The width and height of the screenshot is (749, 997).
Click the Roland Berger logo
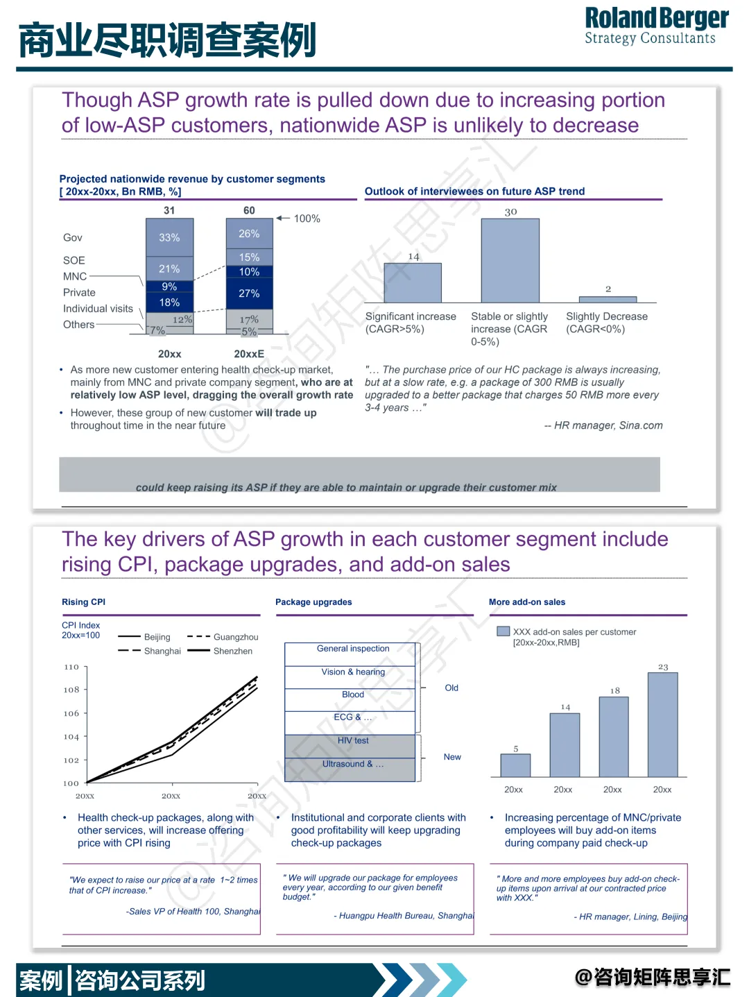click(x=656, y=26)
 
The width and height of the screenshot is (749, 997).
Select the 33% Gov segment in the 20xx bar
click(x=169, y=237)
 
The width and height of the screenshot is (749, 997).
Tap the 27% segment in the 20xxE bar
click(x=249, y=293)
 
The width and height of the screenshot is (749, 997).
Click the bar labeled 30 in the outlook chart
click(x=510, y=260)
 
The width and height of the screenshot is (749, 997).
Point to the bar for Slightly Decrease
click(x=608, y=299)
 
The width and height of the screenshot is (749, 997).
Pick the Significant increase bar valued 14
click(x=413, y=282)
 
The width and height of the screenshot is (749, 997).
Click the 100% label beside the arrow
click(x=307, y=219)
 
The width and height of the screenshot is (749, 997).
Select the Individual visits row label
click(x=98, y=309)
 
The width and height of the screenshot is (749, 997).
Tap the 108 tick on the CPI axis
click(x=71, y=690)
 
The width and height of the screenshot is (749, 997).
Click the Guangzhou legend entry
click(x=236, y=637)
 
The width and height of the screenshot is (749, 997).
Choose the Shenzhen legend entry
click(x=233, y=651)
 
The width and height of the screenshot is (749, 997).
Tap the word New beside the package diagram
click(x=452, y=757)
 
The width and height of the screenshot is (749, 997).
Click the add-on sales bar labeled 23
click(x=662, y=724)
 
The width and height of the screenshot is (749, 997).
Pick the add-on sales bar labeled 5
click(x=515, y=765)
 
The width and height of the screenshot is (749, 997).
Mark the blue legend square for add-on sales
click(x=503, y=631)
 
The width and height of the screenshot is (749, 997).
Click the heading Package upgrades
click(x=313, y=602)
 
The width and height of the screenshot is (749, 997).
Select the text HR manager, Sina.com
click(x=608, y=425)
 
